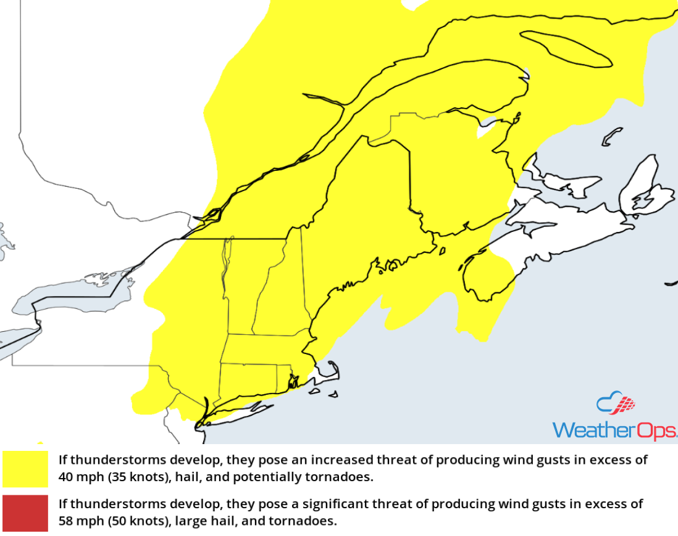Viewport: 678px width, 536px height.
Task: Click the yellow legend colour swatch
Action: pyautogui.click(x=25, y=469)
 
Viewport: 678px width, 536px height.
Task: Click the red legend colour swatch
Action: pyautogui.click(x=25, y=513)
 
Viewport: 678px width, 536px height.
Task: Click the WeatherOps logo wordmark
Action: pyautogui.click(x=614, y=430)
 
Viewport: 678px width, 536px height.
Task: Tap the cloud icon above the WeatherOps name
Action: pyautogui.click(x=616, y=404)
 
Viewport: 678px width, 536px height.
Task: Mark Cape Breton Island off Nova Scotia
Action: pyautogui.click(x=642, y=185)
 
